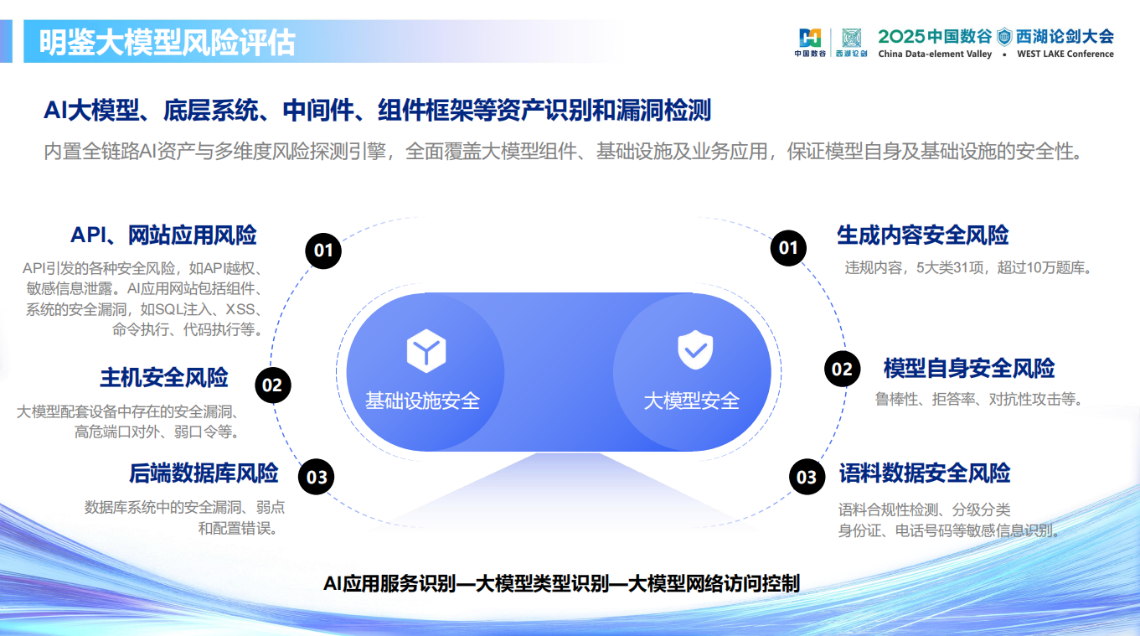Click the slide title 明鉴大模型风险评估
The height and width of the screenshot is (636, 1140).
168,43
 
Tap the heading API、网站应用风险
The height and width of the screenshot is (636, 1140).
163,235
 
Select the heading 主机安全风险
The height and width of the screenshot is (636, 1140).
164,378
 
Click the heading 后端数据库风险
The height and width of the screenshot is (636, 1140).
204,473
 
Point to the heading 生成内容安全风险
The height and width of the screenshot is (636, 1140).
923,235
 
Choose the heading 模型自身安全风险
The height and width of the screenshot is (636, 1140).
969,369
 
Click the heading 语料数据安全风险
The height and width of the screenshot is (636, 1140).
925,473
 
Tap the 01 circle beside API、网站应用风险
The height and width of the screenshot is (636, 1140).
323,250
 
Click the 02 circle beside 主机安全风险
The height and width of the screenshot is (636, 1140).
272,385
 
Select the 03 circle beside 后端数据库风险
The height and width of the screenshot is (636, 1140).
317,478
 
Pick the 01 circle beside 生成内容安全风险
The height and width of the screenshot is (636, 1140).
788,247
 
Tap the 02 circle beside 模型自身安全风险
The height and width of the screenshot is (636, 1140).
842,370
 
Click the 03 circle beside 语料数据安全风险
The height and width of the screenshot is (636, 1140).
806,477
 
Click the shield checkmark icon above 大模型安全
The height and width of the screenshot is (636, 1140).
694,351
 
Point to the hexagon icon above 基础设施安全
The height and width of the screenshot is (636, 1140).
426,352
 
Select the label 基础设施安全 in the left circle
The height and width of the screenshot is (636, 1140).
422,401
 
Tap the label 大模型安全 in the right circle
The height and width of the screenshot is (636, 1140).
691,401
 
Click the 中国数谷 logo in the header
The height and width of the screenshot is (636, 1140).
810,42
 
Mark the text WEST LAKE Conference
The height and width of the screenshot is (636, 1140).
1065,54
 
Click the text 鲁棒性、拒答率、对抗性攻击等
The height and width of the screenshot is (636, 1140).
978,399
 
